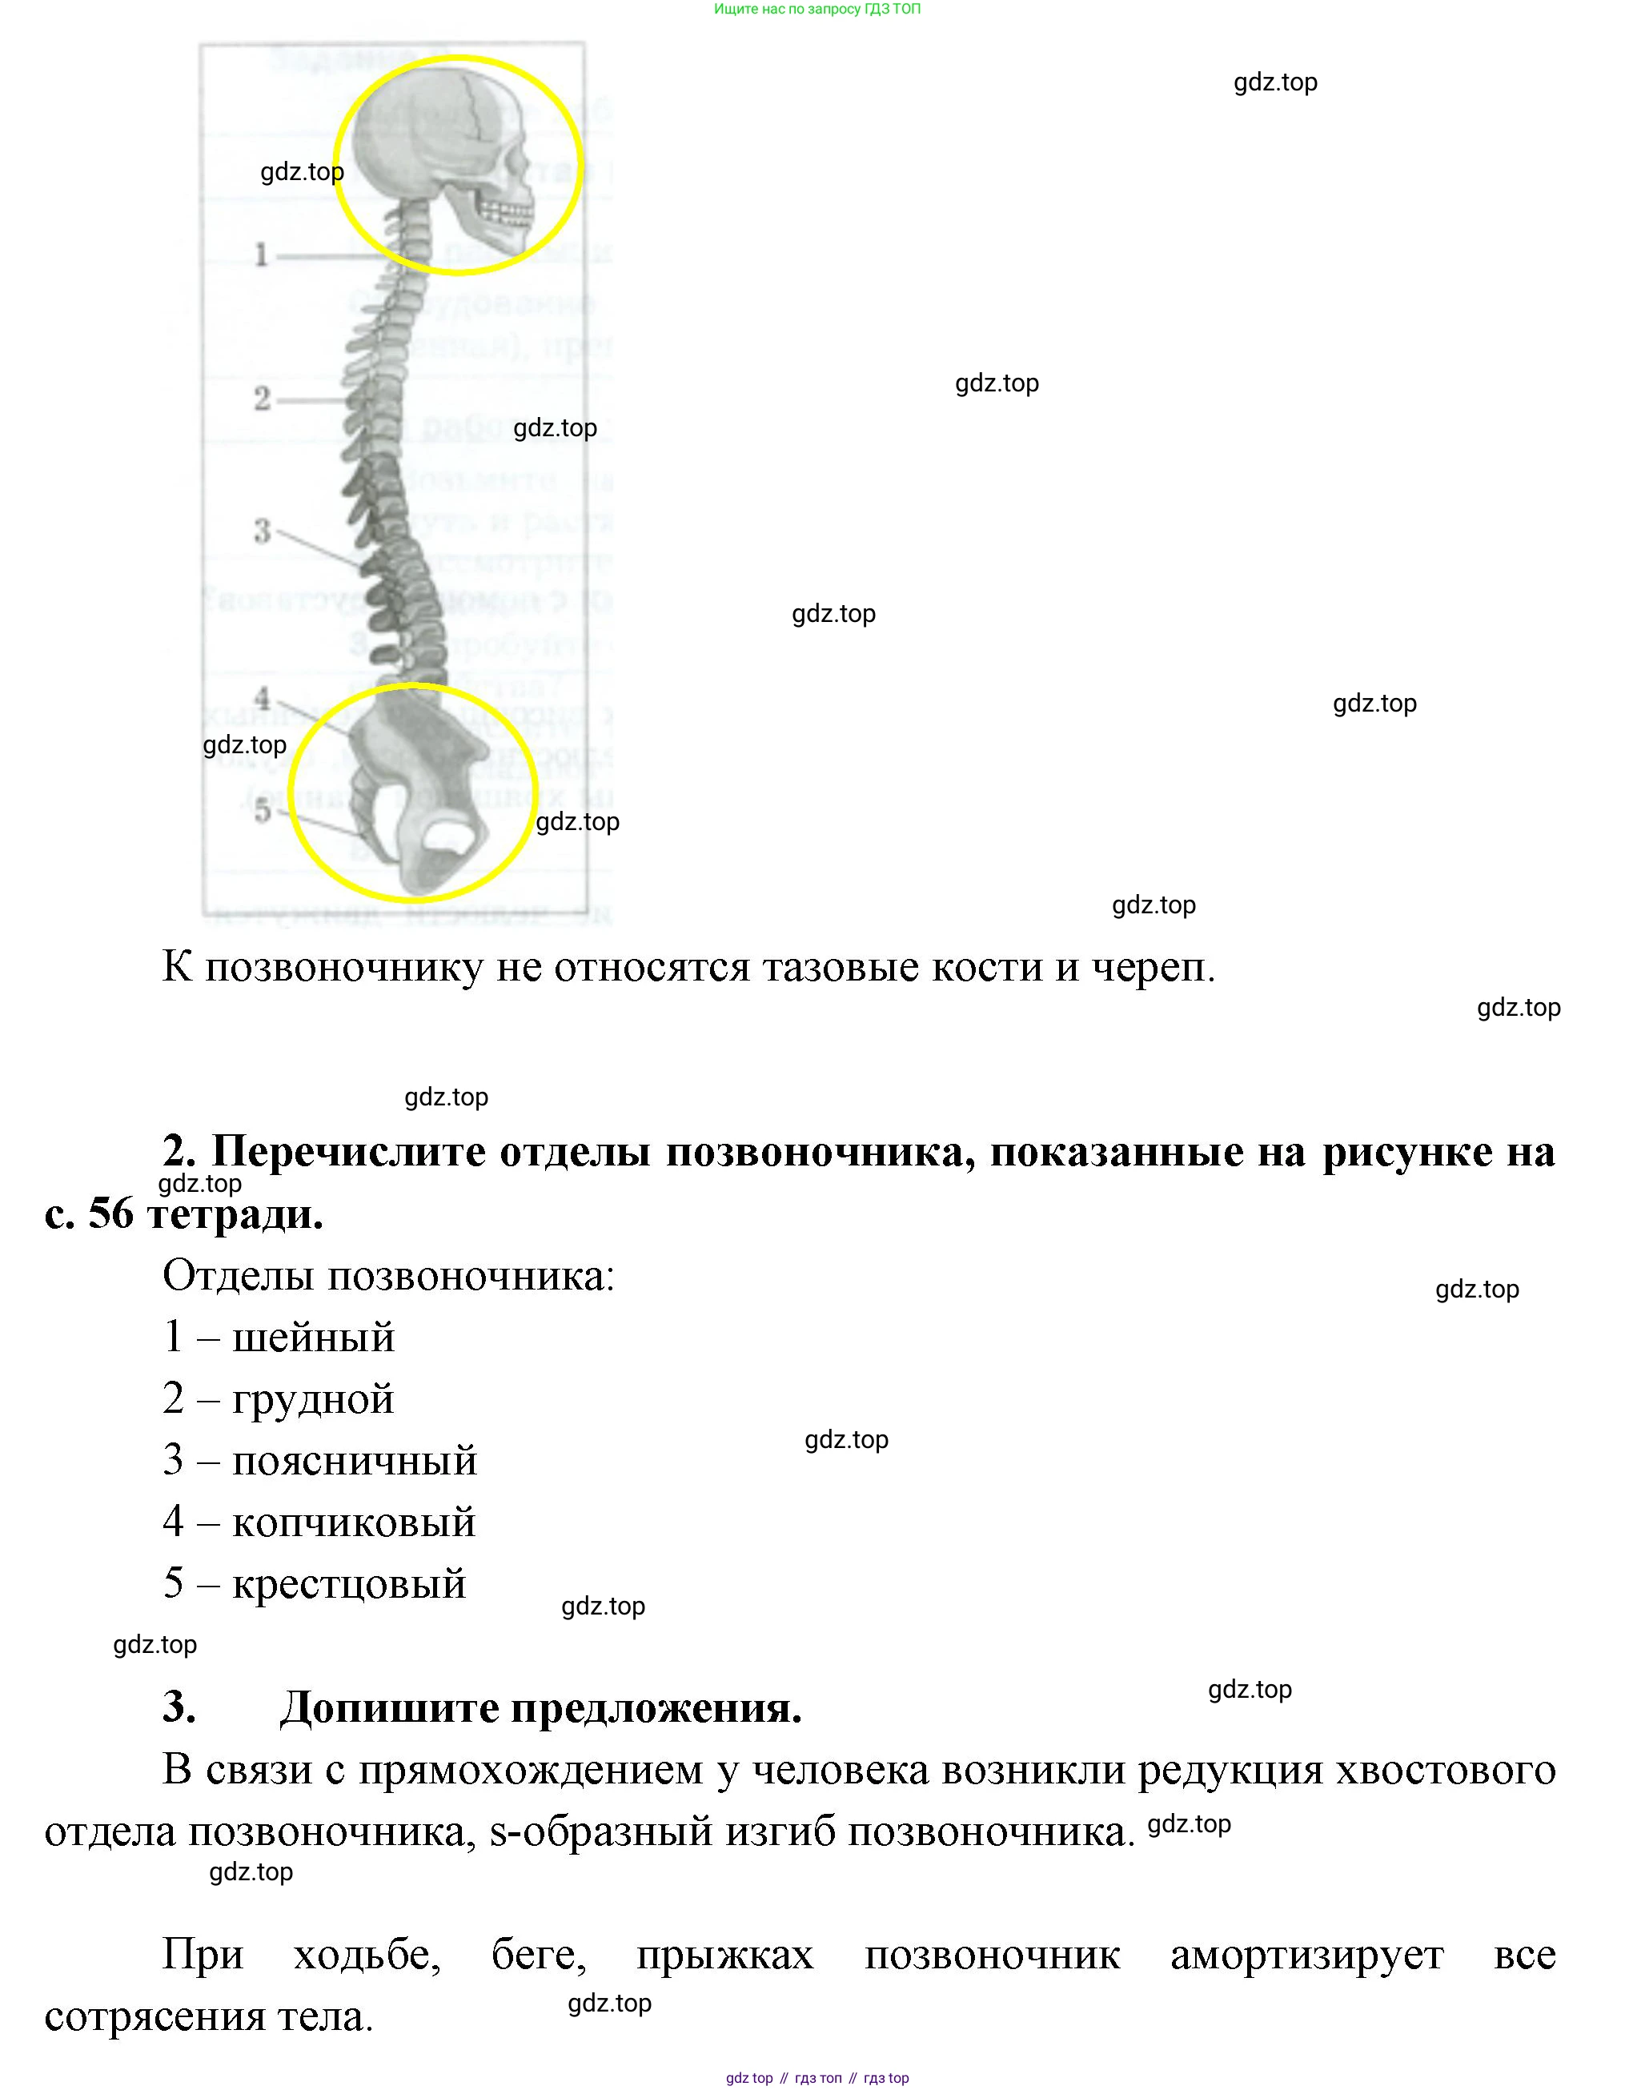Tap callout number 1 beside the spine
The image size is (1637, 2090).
[x=261, y=255]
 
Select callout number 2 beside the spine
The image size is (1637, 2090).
[x=262, y=398]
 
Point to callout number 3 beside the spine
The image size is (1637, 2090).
[x=262, y=530]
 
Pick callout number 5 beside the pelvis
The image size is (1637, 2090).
[x=262, y=811]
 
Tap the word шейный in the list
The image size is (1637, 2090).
[x=314, y=1338]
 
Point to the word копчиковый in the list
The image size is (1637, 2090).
[x=354, y=1522]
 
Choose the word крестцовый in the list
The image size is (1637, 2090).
[x=349, y=1584]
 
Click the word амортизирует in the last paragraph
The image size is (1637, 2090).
[x=1306, y=1954]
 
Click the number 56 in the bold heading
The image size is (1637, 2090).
[x=111, y=1214]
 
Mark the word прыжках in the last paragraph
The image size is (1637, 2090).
[x=724, y=1954]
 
